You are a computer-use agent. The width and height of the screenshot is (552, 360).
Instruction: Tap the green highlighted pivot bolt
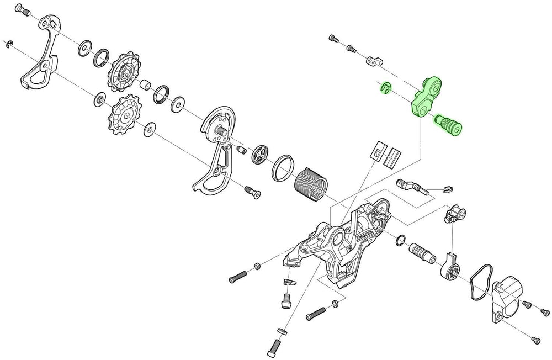(448, 123)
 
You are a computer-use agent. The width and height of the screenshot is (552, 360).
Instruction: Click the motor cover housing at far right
(507, 303)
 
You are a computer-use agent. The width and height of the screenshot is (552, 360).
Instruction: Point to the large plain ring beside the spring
(282, 167)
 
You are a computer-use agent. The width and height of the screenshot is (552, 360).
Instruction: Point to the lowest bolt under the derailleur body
(276, 347)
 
